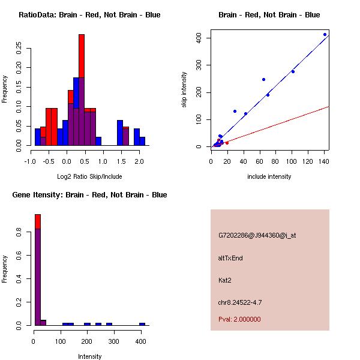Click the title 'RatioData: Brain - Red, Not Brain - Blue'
[x=89, y=15]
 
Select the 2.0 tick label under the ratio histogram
[x=139, y=161]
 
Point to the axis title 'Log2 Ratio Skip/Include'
[x=89, y=176]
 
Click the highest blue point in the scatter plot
[x=325, y=35]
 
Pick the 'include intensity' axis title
[x=269, y=176]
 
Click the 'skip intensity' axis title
[x=185, y=90]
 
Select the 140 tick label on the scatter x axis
[x=324, y=161]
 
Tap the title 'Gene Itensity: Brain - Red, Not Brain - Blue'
[x=89, y=195]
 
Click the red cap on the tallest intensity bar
[x=37, y=221]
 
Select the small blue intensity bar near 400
[x=142, y=324]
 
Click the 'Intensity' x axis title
[x=90, y=356]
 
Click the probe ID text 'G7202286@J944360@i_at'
[x=257, y=235]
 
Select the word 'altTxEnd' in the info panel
[x=230, y=258]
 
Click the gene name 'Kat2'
[x=225, y=280]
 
